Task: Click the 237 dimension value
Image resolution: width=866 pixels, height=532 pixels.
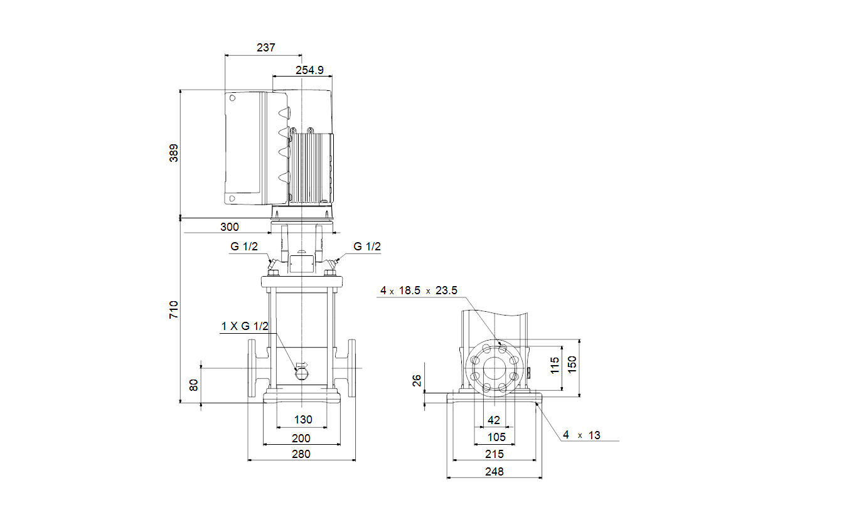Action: point(266,48)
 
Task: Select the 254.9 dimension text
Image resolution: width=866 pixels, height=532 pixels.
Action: point(309,70)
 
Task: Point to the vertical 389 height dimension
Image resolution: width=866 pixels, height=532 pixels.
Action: point(174,153)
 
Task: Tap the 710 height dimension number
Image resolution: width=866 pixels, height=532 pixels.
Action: point(174,310)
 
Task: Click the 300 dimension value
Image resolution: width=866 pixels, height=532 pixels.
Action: point(230,227)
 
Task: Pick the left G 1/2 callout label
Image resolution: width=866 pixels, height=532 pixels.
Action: point(244,247)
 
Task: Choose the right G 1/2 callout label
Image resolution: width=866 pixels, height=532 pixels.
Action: point(367,247)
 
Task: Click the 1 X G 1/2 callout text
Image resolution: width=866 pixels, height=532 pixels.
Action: point(245,326)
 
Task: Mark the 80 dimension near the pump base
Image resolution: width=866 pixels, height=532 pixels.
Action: point(194,385)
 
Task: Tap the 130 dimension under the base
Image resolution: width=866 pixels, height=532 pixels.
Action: point(303,420)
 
